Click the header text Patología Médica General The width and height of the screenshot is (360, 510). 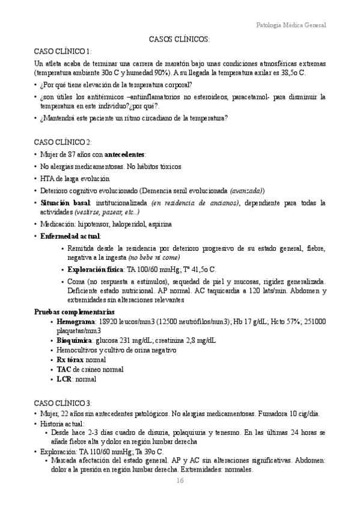coord(291,25)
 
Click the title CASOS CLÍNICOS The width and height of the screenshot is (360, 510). coord(179,39)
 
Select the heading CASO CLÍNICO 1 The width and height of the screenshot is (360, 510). coord(63,51)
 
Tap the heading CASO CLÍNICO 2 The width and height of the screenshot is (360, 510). coord(63,142)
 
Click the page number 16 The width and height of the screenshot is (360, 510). coord(180,480)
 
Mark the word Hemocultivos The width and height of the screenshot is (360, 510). coord(78,350)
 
